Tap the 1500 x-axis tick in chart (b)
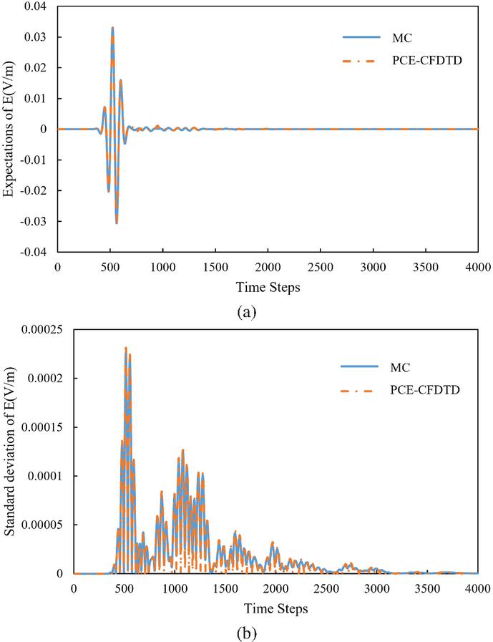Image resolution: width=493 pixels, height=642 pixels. click(225, 588)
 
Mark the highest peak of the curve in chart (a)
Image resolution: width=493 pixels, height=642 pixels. click(112, 28)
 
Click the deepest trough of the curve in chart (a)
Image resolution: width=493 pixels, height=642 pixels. click(117, 223)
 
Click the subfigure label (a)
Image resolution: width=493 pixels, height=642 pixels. click(247, 311)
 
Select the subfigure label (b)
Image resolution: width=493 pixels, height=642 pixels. click(247, 633)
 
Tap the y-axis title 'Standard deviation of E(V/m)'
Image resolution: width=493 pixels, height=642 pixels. click(9, 454)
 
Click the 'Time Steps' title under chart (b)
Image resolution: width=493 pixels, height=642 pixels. click(275, 609)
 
